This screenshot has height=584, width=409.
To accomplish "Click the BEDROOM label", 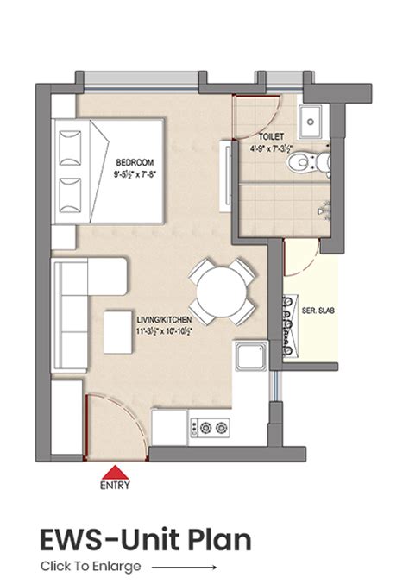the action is click(135, 162).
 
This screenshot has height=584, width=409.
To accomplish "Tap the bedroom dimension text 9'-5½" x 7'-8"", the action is click(135, 174).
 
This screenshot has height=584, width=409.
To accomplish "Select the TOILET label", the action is click(272, 136).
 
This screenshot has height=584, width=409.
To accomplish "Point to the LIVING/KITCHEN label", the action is click(164, 319).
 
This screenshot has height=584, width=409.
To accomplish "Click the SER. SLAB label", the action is click(318, 311).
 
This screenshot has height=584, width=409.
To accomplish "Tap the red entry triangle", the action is click(116, 472).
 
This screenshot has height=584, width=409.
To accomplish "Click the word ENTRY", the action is click(115, 485).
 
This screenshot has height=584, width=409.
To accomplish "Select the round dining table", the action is click(222, 292).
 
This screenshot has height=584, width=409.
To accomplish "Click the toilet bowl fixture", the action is click(308, 162).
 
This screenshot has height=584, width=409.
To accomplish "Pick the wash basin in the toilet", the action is click(311, 122).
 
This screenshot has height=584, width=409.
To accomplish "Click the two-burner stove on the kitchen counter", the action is click(210, 428).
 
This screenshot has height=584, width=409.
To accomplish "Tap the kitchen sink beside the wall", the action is click(251, 355).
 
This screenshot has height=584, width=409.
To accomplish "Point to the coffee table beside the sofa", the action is click(118, 332).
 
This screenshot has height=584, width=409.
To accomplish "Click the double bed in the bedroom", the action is click(108, 172).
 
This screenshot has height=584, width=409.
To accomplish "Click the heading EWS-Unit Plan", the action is click(146, 540).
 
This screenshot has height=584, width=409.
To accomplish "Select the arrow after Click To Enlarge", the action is click(184, 568).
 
